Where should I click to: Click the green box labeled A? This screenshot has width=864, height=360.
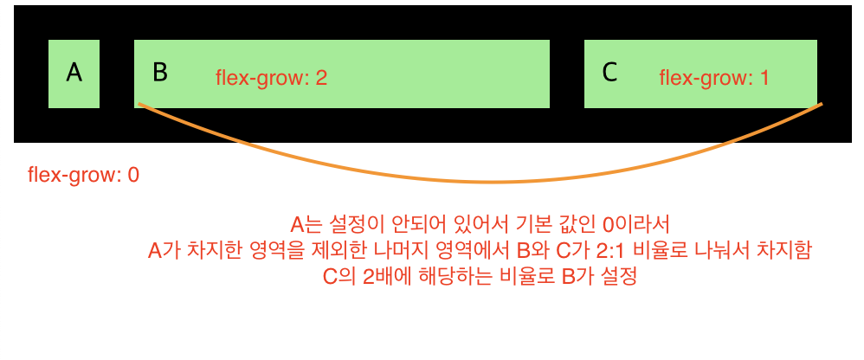click(x=74, y=74)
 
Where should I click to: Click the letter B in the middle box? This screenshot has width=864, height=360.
click(x=159, y=73)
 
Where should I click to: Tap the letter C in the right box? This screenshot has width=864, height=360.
click(x=609, y=73)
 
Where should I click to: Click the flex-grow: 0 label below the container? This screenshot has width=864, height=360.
click(x=83, y=175)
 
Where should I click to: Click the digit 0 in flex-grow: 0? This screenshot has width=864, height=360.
click(x=133, y=175)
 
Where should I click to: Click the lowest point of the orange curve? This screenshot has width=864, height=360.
click(x=493, y=183)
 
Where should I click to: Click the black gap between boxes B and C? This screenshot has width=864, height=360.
click(x=567, y=74)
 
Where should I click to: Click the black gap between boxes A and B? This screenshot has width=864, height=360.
click(x=117, y=74)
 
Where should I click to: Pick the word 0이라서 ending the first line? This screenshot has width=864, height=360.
click(x=639, y=225)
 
